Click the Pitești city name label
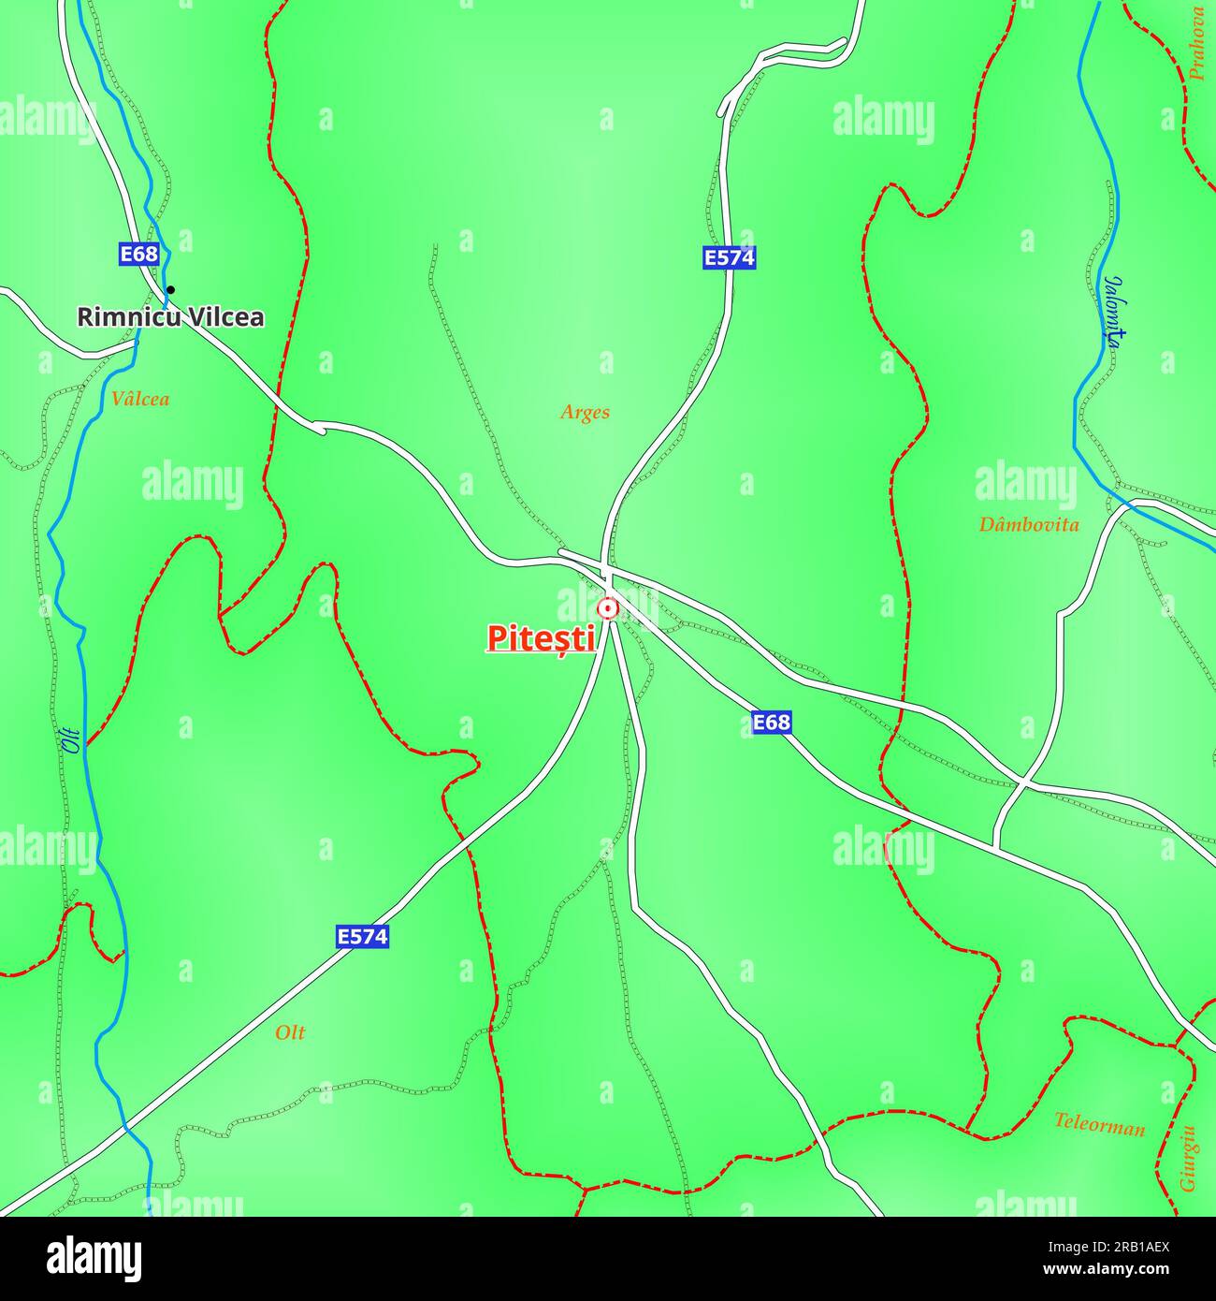pos(541,638)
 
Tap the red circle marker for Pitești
pos(608,609)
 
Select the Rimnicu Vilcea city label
pos(169,317)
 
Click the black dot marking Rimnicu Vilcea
pos(170,289)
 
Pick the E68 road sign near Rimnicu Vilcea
pos(139,254)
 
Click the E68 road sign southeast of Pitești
pos(771,722)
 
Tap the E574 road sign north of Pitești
pos(729,257)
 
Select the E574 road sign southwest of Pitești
pos(362,936)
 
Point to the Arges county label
pos(585,412)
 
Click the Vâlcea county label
pos(140,399)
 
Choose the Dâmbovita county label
pos(1028,524)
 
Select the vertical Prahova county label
pos(1197,44)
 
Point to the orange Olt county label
pos(290,1032)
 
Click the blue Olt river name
pos(71,740)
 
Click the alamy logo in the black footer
pos(94,1258)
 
